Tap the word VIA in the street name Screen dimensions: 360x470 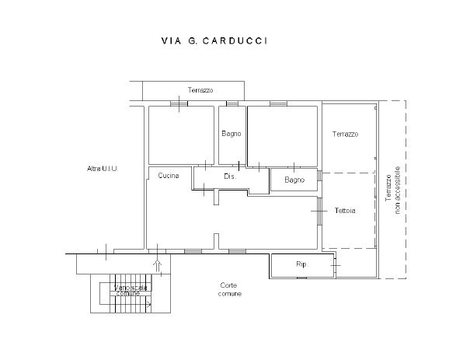171,40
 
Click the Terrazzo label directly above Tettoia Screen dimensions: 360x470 345,135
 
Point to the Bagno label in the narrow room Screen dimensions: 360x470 231,134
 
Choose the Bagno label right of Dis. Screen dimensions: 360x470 294,180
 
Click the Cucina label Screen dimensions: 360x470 169,176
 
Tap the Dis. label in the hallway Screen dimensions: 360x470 229,177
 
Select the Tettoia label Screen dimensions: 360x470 346,211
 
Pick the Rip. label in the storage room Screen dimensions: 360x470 301,265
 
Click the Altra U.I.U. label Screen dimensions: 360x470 103,169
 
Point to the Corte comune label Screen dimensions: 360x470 231,290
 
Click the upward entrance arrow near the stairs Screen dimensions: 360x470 158,264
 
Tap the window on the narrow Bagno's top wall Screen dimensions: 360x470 232,103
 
